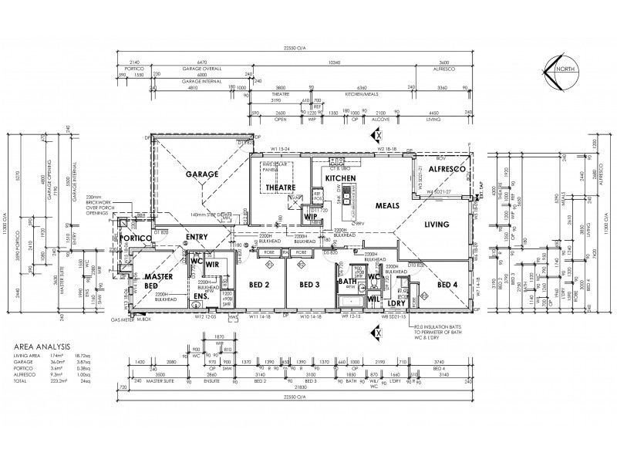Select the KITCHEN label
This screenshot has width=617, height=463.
point(339,178)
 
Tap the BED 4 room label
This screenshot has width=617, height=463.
point(448,285)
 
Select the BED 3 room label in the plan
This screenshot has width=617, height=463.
point(311,285)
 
